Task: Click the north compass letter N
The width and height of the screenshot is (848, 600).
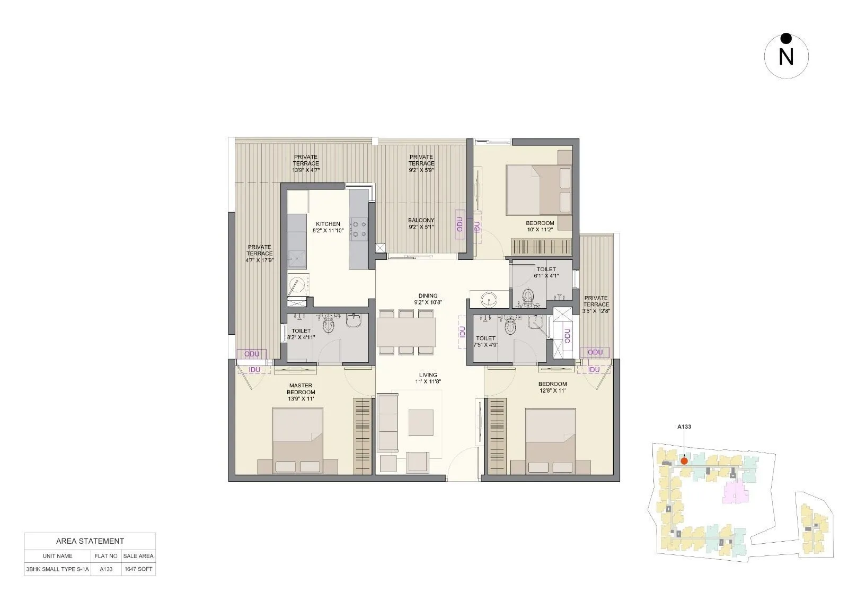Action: pyautogui.click(x=786, y=57)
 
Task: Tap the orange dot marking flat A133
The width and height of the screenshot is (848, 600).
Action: pyautogui.click(x=684, y=461)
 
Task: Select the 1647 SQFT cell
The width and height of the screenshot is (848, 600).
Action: pyautogui.click(x=138, y=569)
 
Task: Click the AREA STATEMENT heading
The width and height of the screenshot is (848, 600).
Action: pyautogui.click(x=90, y=541)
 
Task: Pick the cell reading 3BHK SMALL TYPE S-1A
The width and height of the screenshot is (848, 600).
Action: pyautogui.click(x=58, y=569)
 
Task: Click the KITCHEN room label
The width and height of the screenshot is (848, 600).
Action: pyautogui.click(x=328, y=224)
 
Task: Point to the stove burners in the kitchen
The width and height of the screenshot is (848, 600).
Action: pyautogui.click(x=360, y=229)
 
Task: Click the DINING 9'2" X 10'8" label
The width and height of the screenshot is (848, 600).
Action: pyautogui.click(x=428, y=299)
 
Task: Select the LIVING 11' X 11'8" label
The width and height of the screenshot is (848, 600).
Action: pyautogui.click(x=428, y=378)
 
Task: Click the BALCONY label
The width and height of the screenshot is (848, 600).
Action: pyautogui.click(x=421, y=220)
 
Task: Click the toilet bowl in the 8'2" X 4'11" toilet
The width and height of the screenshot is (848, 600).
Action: pyautogui.click(x=328, y=323)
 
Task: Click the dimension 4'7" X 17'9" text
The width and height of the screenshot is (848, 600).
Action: pyautogui.click(x=260, y=260)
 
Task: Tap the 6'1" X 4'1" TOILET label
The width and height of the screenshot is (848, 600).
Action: pyautogui.click(x=546, y=272)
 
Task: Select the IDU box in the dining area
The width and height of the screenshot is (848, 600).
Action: pyautogui.click(x=462, y=332)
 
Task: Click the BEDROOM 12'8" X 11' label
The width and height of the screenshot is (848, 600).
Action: pyautogui.click(x=553, y=387)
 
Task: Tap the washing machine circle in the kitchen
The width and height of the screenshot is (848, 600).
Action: pyautogui.click(x=298, y=285)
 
